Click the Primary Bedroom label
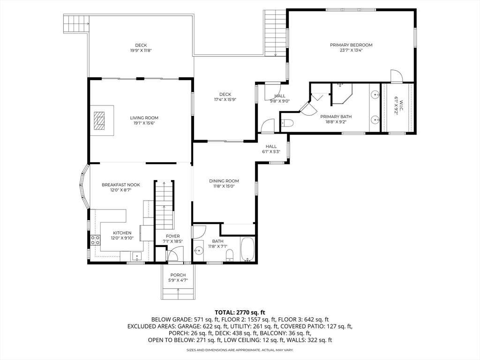tap(351, 45)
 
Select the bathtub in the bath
tap(247, 250)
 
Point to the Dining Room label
tap(224, 181)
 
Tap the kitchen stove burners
tap(95, 240)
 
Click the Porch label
tap(178, 275)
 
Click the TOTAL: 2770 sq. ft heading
tap(240, 312)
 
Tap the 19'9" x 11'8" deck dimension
tap(141, 51)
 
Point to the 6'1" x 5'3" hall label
tap(270, 151)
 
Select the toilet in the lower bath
tap(230, 255)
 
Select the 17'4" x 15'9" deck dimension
tap(225, 99)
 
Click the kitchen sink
tap(136, 256)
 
